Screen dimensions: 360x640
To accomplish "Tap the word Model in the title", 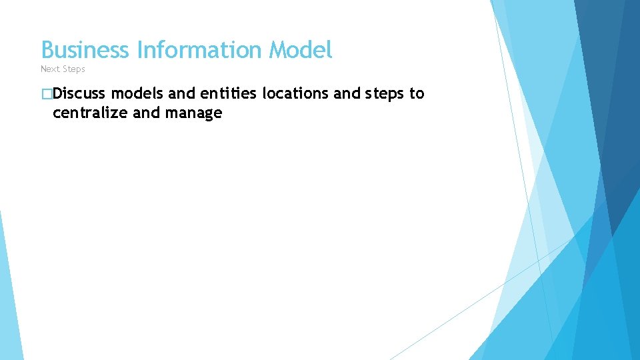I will coord(301,50).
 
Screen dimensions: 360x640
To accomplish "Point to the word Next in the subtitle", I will coord(50,69).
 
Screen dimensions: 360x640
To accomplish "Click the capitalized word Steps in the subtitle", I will coord(74,69).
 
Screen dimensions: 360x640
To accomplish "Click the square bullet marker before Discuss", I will coord(46,94).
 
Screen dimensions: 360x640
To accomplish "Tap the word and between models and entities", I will coord(182,94).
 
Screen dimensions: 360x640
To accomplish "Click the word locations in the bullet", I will coord(295,94).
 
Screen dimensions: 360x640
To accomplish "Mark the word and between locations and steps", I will coord(347,94).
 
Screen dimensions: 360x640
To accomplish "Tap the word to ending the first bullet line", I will coord(417,94).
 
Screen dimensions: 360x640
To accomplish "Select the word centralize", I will coord(91,113).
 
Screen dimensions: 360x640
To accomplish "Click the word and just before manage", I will coord(147,113).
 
